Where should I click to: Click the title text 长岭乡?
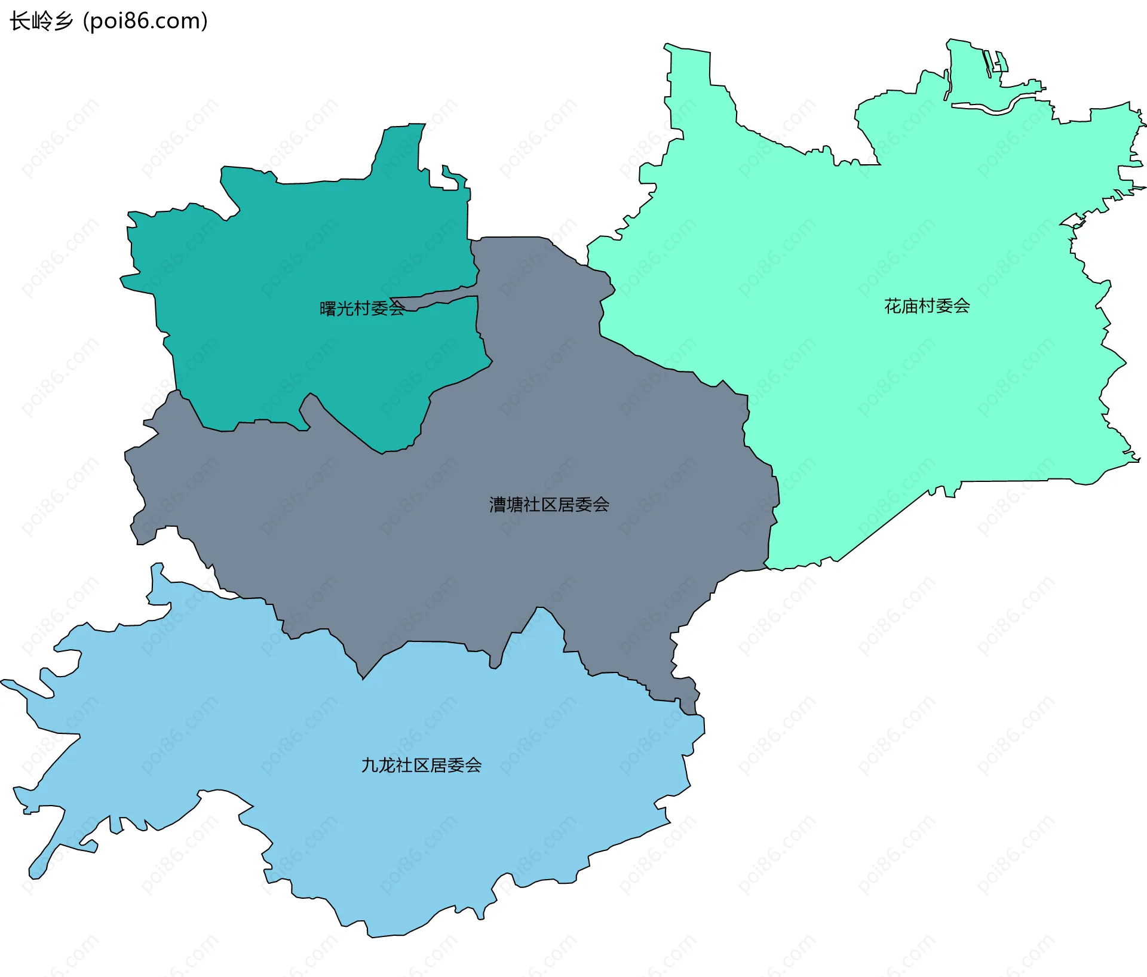[41, 21]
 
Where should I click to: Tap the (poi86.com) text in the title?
[145, 21]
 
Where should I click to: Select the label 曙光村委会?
[362, 309]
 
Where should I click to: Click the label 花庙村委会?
[927, 306]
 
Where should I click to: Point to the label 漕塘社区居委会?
[549, 505]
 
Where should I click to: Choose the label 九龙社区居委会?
[421, 766]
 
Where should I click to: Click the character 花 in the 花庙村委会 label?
[893, 306]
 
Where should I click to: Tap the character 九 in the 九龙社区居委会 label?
[370, 766]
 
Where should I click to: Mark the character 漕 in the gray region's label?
[498, 505]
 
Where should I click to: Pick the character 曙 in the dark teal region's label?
[328, 309]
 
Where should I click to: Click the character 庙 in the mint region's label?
[910, 306]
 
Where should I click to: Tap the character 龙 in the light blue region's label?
[387, 766]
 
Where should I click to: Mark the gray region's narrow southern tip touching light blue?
[690, 705]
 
